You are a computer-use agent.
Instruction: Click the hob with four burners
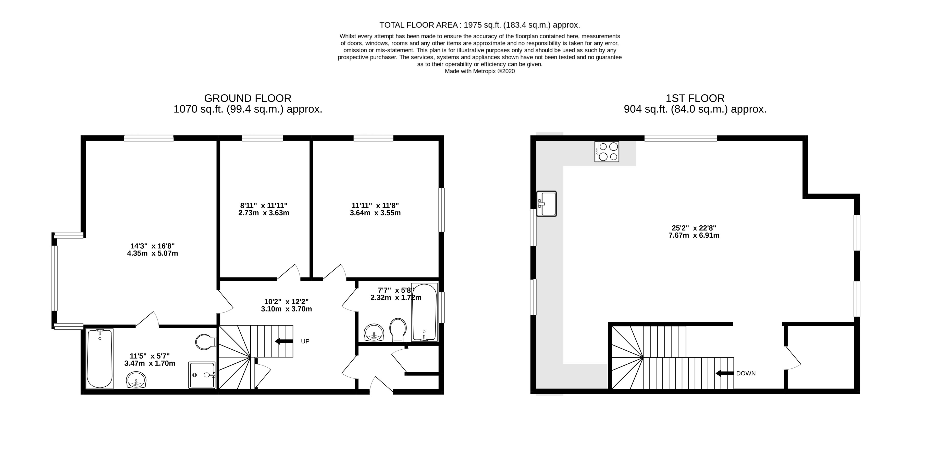coord(607,152)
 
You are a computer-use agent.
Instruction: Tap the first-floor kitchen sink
coord(546,204)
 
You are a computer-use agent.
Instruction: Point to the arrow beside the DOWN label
coord(724,373)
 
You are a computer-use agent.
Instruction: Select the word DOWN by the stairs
coord(746,373)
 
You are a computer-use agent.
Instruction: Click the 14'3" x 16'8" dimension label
coord(152,250)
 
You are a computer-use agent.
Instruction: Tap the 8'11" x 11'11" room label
coord(264,209)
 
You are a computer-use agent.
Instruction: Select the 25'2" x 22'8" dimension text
coord(694,232)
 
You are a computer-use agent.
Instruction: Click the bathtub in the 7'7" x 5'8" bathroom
coord(424,312)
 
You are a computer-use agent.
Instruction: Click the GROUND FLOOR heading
coord(248,98)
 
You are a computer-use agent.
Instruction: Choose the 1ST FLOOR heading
coord(695,98)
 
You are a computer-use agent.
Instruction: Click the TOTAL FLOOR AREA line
coord(479,25)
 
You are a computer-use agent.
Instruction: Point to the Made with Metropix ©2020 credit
coord(479,71)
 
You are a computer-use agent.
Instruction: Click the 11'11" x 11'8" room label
coord(375,209)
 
